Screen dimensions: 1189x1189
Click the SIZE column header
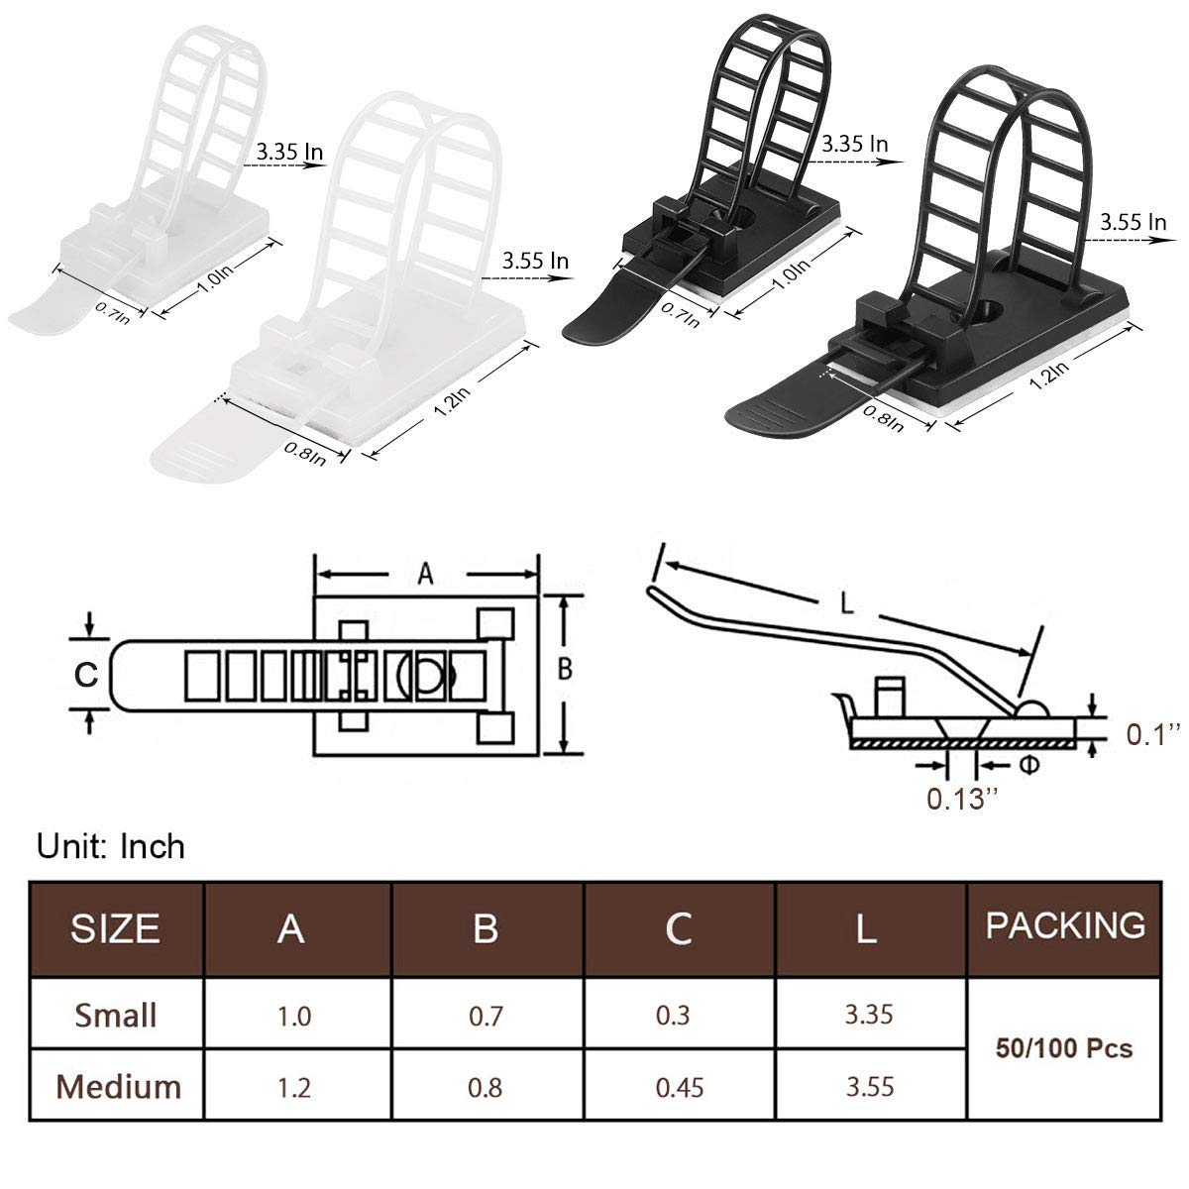tap(115, 928)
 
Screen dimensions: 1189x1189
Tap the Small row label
tap(116, 1015)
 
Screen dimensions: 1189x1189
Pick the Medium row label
tap(119, 1086)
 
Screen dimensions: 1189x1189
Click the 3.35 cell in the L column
tap(869, 1015)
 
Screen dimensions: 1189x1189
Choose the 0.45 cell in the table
tap(680, 1087)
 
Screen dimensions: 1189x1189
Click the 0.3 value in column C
tap(679, 1016)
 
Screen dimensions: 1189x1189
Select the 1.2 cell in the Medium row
tap(294, 1087)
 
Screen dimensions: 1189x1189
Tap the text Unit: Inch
tap(111, 846)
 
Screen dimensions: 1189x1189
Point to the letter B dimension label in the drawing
tap(564, 671)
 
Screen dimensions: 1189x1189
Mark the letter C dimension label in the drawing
tap(87, 675)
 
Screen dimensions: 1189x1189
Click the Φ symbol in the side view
tap(1002, 765)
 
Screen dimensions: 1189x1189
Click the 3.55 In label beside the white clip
tap(535, 262)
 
